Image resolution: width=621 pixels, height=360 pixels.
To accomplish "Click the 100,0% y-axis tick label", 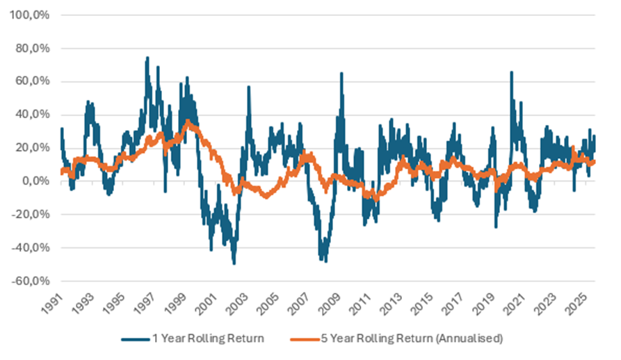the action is (30, 15).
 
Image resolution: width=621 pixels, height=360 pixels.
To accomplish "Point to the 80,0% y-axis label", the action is (33, 48).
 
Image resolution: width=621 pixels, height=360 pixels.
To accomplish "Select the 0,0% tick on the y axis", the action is (35, 181).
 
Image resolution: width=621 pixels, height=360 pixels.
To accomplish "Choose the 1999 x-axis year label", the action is (177, 304).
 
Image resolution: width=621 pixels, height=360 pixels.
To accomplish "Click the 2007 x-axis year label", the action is (300, 304).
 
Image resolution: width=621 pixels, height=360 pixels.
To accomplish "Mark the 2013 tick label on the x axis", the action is (394, 304).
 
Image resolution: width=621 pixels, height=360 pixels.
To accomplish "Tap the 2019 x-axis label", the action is (486, 304).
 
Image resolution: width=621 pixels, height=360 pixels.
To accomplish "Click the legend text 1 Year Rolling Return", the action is (209, 338).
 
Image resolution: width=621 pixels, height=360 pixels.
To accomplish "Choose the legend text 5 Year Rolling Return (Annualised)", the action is (412, 338).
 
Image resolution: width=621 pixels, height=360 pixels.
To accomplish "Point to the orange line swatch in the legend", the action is (305, 339).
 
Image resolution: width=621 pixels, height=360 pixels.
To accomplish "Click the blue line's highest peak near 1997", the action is (147, 58).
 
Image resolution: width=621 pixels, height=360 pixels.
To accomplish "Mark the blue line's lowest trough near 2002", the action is (234, 263).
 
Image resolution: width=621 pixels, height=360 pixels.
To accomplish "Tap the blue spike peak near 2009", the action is (341, 74).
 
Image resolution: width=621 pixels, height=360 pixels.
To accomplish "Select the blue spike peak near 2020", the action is (511, 72).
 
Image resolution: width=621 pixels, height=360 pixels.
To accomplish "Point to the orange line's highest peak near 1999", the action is (188, 121).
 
